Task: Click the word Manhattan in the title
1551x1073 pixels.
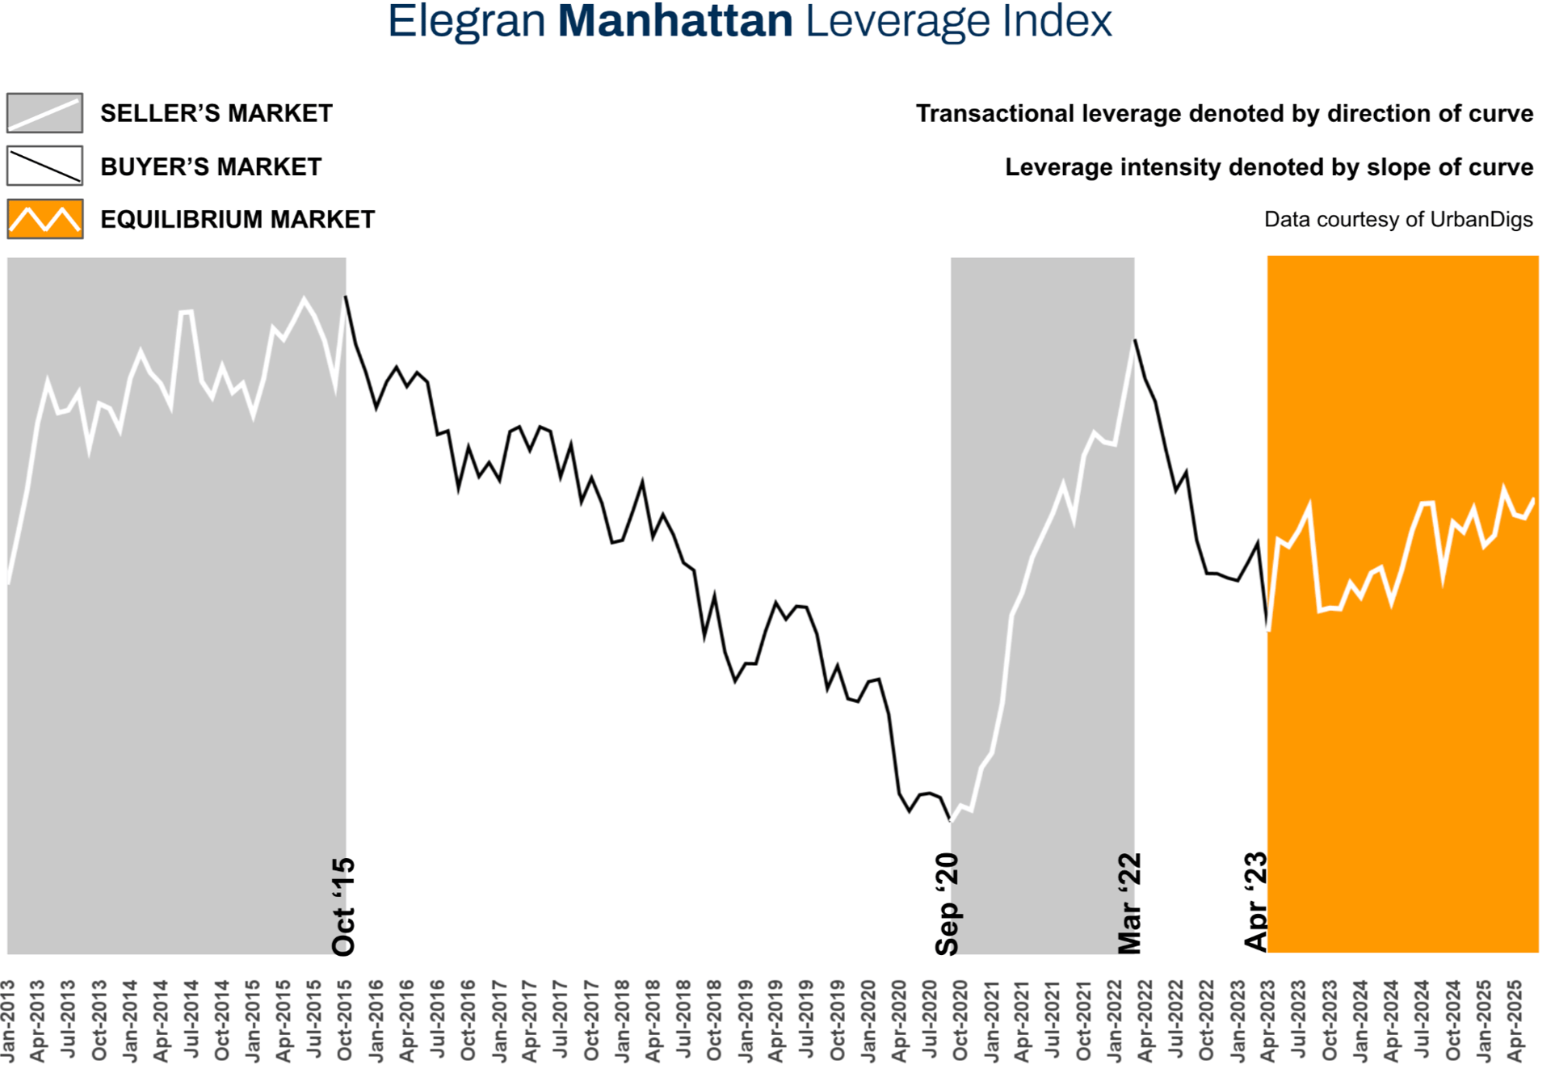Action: point(675,22)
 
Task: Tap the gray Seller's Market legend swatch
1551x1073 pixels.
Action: point(44,112)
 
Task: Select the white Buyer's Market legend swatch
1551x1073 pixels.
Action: point(44,166)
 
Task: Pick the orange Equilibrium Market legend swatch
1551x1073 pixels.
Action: point(44,219)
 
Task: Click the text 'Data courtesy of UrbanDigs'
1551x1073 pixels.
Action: point(1398,220)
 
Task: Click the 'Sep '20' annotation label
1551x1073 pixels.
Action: point(947,904)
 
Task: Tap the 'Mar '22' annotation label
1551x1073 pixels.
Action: point(1129,903)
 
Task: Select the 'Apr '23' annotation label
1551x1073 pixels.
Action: point(1256,902)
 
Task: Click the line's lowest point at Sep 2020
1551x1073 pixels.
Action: point(950,821)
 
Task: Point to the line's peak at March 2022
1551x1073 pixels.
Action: point(1135,340)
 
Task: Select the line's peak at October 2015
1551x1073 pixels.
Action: point(346,297)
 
